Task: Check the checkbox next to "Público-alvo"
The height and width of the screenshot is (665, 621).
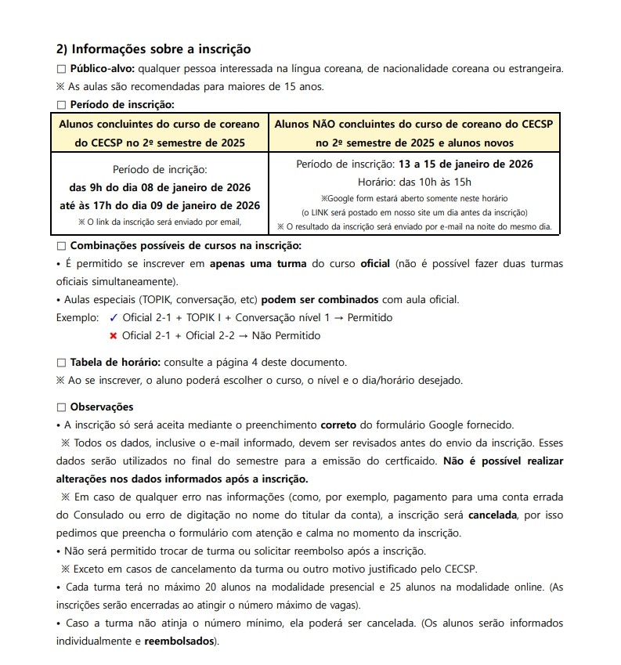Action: (62, 69)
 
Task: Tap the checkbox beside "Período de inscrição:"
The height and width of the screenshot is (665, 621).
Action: (62, 103)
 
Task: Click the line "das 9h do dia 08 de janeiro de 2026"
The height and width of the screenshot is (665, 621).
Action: (160, 188)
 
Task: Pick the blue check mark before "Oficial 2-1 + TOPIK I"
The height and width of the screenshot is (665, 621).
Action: (114, 317)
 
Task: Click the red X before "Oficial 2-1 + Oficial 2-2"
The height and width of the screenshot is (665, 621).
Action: (114, 335)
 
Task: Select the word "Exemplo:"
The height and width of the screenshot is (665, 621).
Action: (78, 318)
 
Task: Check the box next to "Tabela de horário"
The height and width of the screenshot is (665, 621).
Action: (62, 363)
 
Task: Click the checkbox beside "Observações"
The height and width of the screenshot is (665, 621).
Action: (62, 407)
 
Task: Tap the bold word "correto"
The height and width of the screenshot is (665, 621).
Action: (338, 425)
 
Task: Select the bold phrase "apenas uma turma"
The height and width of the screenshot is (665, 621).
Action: (258, 264)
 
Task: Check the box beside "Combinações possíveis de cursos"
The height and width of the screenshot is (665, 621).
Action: (62, 246)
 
